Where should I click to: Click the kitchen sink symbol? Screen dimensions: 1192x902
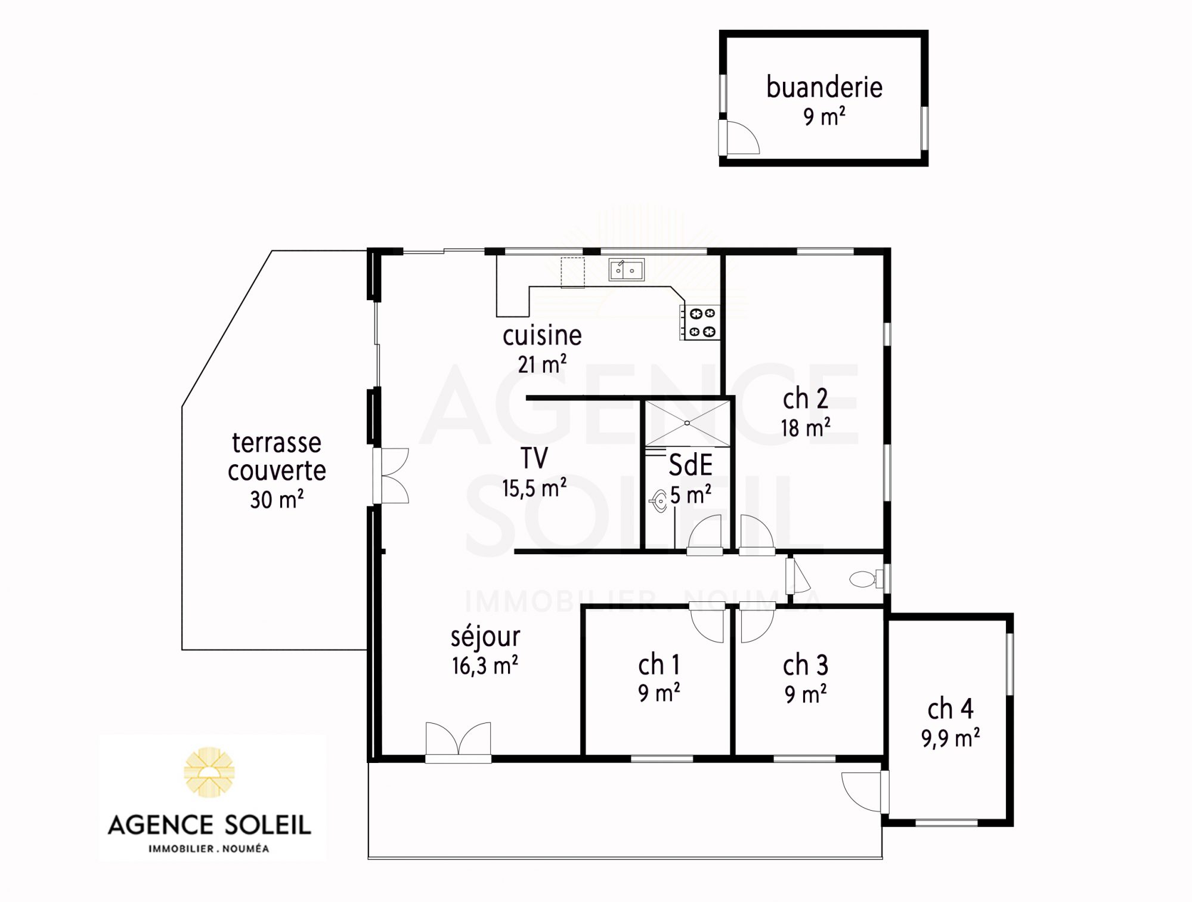626,270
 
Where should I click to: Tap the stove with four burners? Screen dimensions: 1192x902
699,322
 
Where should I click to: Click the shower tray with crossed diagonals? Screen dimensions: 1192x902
688,423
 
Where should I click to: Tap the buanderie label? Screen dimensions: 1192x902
824,87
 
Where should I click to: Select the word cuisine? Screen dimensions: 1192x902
542,335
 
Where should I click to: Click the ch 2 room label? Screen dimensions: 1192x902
805,399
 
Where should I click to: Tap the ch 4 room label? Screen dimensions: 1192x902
950,709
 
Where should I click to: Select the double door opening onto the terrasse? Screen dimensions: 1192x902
391,476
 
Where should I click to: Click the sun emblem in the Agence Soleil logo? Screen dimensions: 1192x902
209,772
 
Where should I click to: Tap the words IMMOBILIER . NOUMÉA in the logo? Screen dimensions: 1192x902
209,849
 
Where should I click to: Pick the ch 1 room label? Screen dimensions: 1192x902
658,665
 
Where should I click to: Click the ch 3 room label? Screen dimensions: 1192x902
806,665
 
